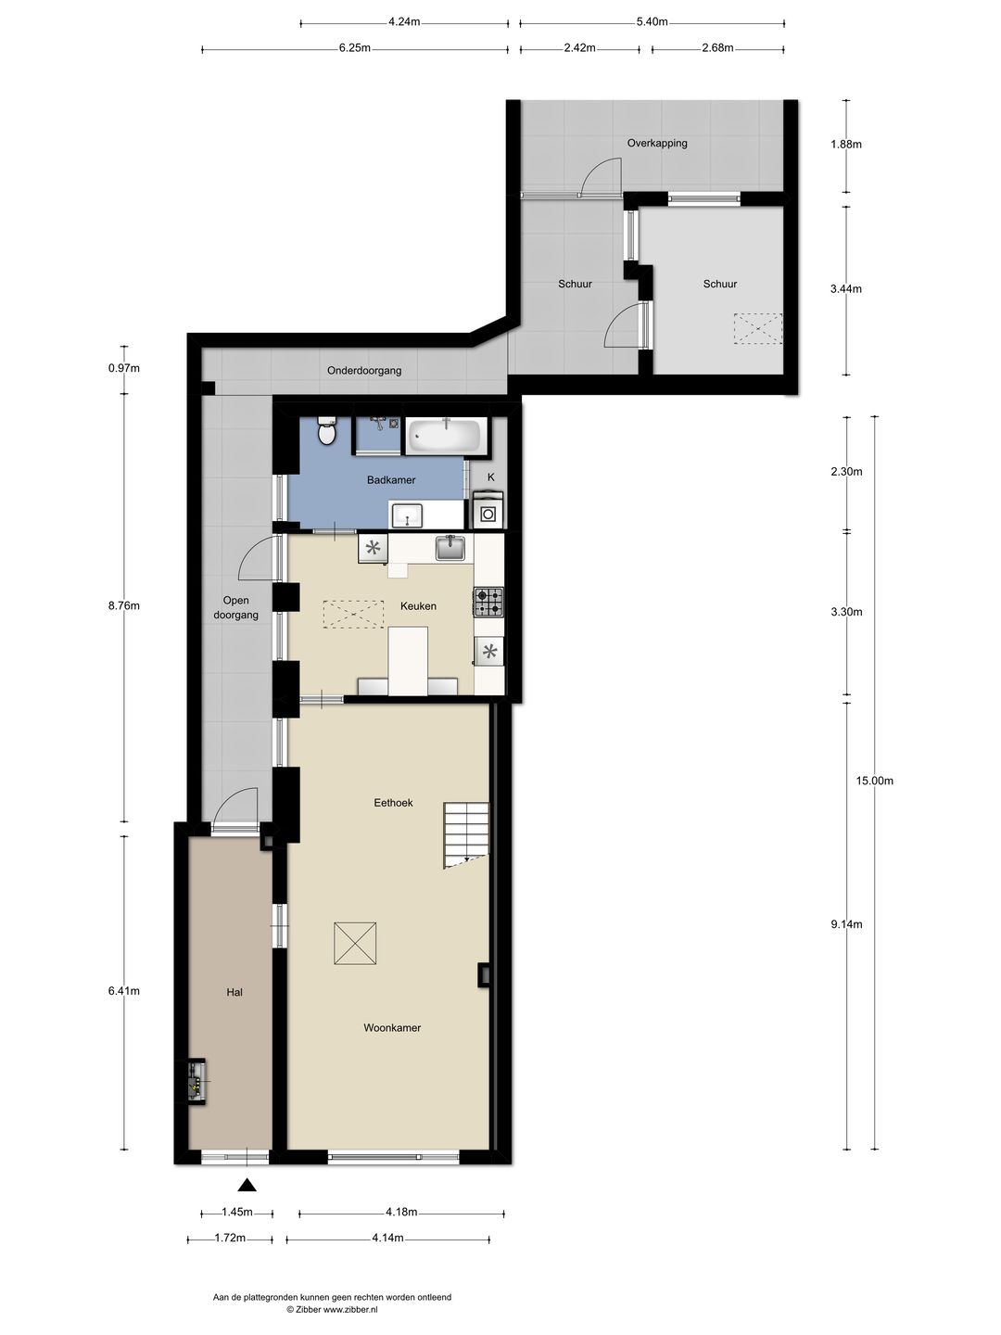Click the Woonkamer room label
click(x=392, y=1027)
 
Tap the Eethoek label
click(x=393, y=803)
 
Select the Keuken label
click(x=418, y=606)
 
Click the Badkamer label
click(x=391, y=480)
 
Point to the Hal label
click(x=234, y=992)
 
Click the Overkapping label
click(x=657, y=144)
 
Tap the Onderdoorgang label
click(x=364, y=371)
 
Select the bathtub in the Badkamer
click(x=446, y=435)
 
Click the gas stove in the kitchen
click(x=488, y=603)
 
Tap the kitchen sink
click(x=452, y=548)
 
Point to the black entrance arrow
click(x=247, y=1184)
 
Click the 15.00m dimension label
click(x=874, y=781)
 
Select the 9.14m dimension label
click(x=846, y=924)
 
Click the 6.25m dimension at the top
click(x=354, y=48)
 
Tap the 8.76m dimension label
click(x=124, y=606)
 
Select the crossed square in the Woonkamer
click(x=355, y=945)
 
